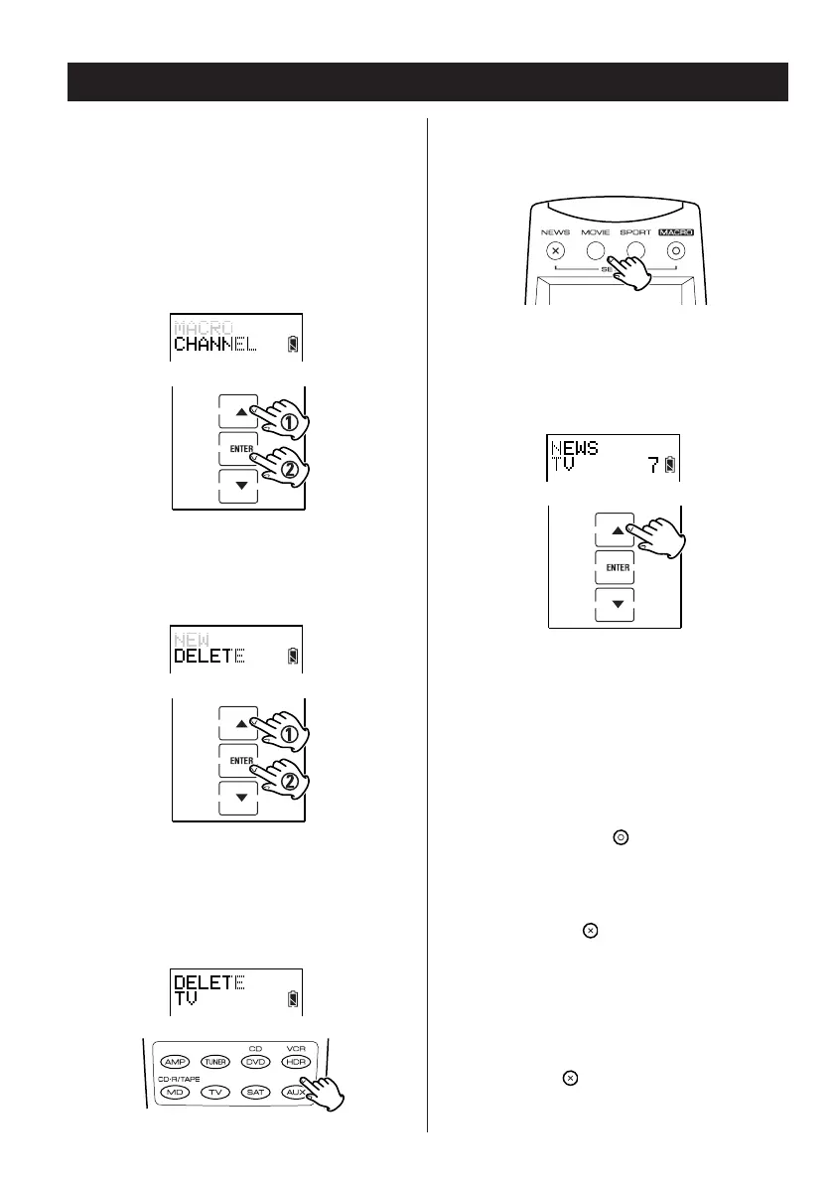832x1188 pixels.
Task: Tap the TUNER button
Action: pos(216,1061)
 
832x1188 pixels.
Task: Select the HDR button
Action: pos(296,1061)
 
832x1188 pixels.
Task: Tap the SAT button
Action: pos(255,1092)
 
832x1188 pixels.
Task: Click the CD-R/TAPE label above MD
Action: pos(180,1077)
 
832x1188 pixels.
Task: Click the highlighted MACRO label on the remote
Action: pos(675,232)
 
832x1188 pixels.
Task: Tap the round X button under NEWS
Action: pos(556,251)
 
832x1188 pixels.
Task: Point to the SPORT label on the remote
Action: pos(636,232)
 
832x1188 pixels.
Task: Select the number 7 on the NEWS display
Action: pos(653,464)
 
